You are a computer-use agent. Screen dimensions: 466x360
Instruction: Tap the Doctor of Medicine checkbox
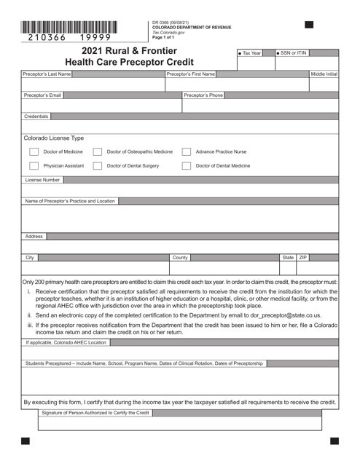coord(34,152)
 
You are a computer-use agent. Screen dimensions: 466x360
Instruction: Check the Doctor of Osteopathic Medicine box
coord(98,152)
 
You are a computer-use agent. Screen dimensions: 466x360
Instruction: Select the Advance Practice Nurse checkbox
coord(187,152)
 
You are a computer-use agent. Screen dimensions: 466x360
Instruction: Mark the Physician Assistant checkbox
coord(34,166)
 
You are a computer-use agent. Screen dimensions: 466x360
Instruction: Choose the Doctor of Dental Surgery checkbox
coord(98,166)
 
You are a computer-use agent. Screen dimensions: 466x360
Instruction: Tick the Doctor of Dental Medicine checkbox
coord(187,166)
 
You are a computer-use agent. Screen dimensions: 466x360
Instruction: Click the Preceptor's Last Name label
coord(47,74)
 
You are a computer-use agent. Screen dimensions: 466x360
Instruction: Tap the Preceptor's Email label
coord(42,95)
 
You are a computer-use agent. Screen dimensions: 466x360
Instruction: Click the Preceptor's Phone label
coord(203,95)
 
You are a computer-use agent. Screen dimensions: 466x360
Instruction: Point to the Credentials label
coord(36,116)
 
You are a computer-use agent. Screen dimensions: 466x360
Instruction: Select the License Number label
coord(43,179)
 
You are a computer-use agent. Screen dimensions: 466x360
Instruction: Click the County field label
coord(180,258)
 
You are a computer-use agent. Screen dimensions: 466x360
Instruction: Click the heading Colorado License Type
coord(54,137)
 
